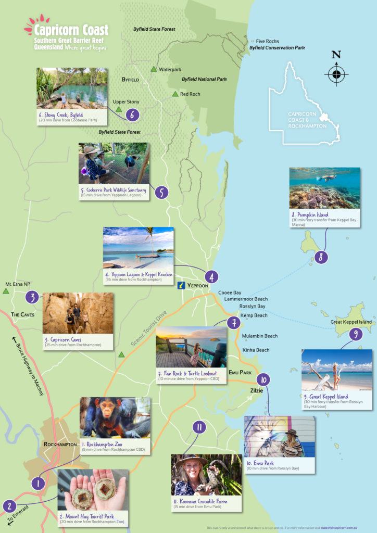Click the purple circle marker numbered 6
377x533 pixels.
pyautogui.click(x=133, y=115)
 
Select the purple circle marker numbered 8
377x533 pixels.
pyautogui.click(x=321, y=257)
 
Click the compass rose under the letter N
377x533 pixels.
pyautogui.click(x=336, y=74)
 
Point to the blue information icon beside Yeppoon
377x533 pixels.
pyautogui.click(x=181, y=285)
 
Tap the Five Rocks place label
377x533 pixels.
pyautogui.click(x=268, y=41)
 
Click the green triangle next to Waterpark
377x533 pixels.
pyautogui.click(x=153, y=69)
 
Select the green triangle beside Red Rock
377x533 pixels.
pyautogui.click(x=175, y=94)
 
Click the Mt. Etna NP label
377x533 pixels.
pyautogui.click(x=17, y=285)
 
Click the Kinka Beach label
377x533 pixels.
pyautogui.click(x=256, y=350)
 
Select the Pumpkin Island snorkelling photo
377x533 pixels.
pyautogui.click(x=324, y=188)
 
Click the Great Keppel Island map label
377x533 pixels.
pyautogui.click(x=351, y=322)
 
